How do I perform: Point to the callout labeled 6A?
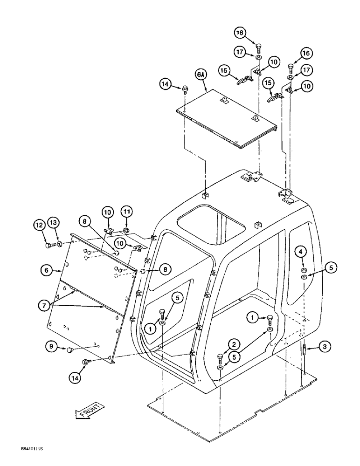(x=201, y=75)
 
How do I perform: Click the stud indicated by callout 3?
(x=304, y=350)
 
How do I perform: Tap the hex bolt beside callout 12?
(x=48, y=244)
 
